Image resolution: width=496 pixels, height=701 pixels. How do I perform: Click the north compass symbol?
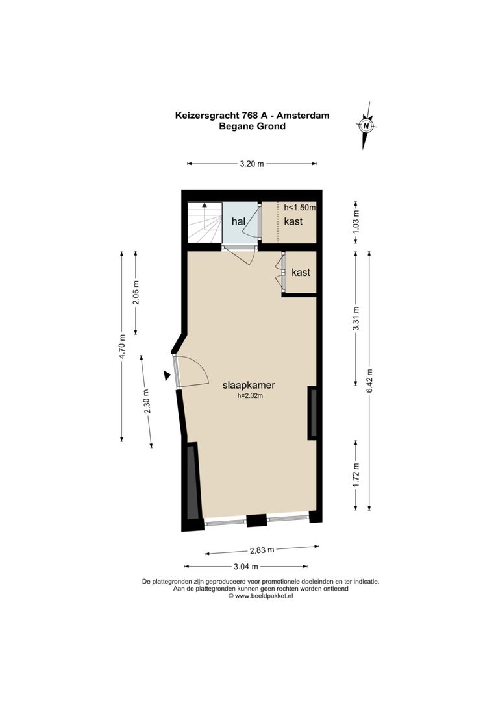click(x=367, y=125)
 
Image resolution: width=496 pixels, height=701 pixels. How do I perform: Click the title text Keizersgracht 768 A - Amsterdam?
click(x=253, y=116)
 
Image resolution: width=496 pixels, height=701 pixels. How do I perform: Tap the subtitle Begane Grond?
click(x=253, y=127)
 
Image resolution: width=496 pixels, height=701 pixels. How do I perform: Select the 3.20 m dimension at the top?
click(x=252, y=164)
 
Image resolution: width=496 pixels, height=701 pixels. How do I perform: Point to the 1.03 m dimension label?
click(x=355, y=222)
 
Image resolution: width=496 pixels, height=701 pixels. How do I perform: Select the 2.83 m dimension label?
click(x=262, y=550)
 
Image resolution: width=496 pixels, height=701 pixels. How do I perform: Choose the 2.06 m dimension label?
click(x=136, y=292)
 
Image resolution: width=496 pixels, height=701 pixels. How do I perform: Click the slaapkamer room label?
click(x=249, y=385)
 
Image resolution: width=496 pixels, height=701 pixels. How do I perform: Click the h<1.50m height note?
click(x=299, y=208)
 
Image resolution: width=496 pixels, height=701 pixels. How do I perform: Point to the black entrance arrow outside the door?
click(x=167, y=375)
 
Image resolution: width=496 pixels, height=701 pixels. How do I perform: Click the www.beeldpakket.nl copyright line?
click(x=260, y=595)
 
